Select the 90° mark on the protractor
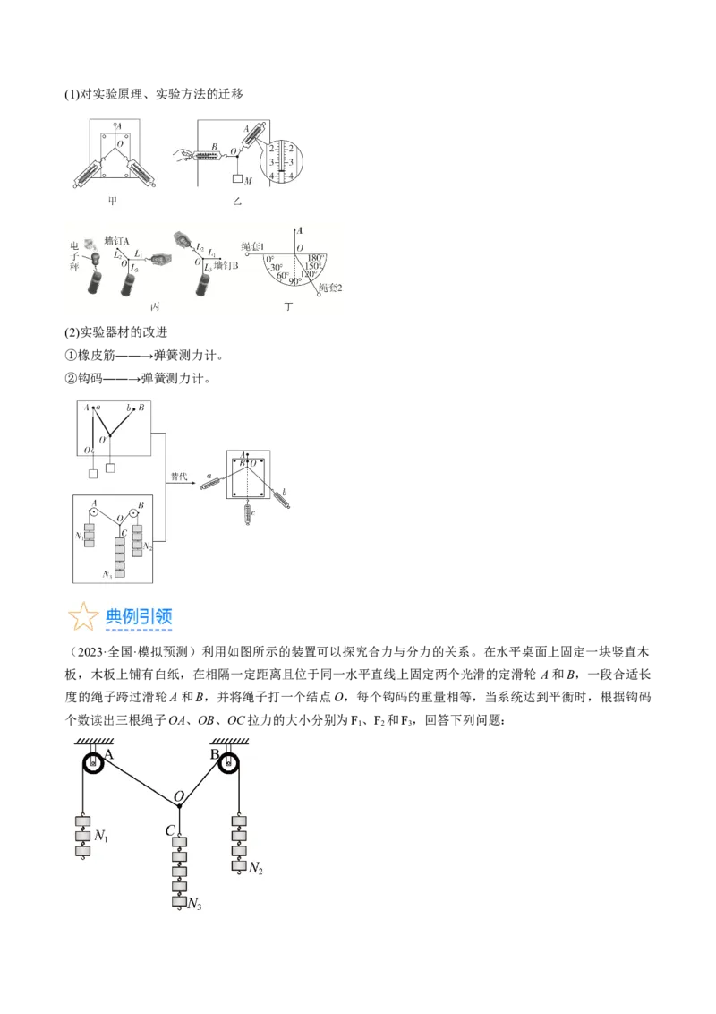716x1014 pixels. pyautogui.click(x=294, y=281)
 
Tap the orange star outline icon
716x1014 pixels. pyautogui.click(x=84, y=617)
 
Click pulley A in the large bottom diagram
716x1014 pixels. pyautogui.click(x=93, y=763)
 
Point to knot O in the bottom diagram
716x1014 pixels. pyautogui.click(x=179, y=805)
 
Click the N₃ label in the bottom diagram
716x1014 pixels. pyautogui.click(x=194, y=906)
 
